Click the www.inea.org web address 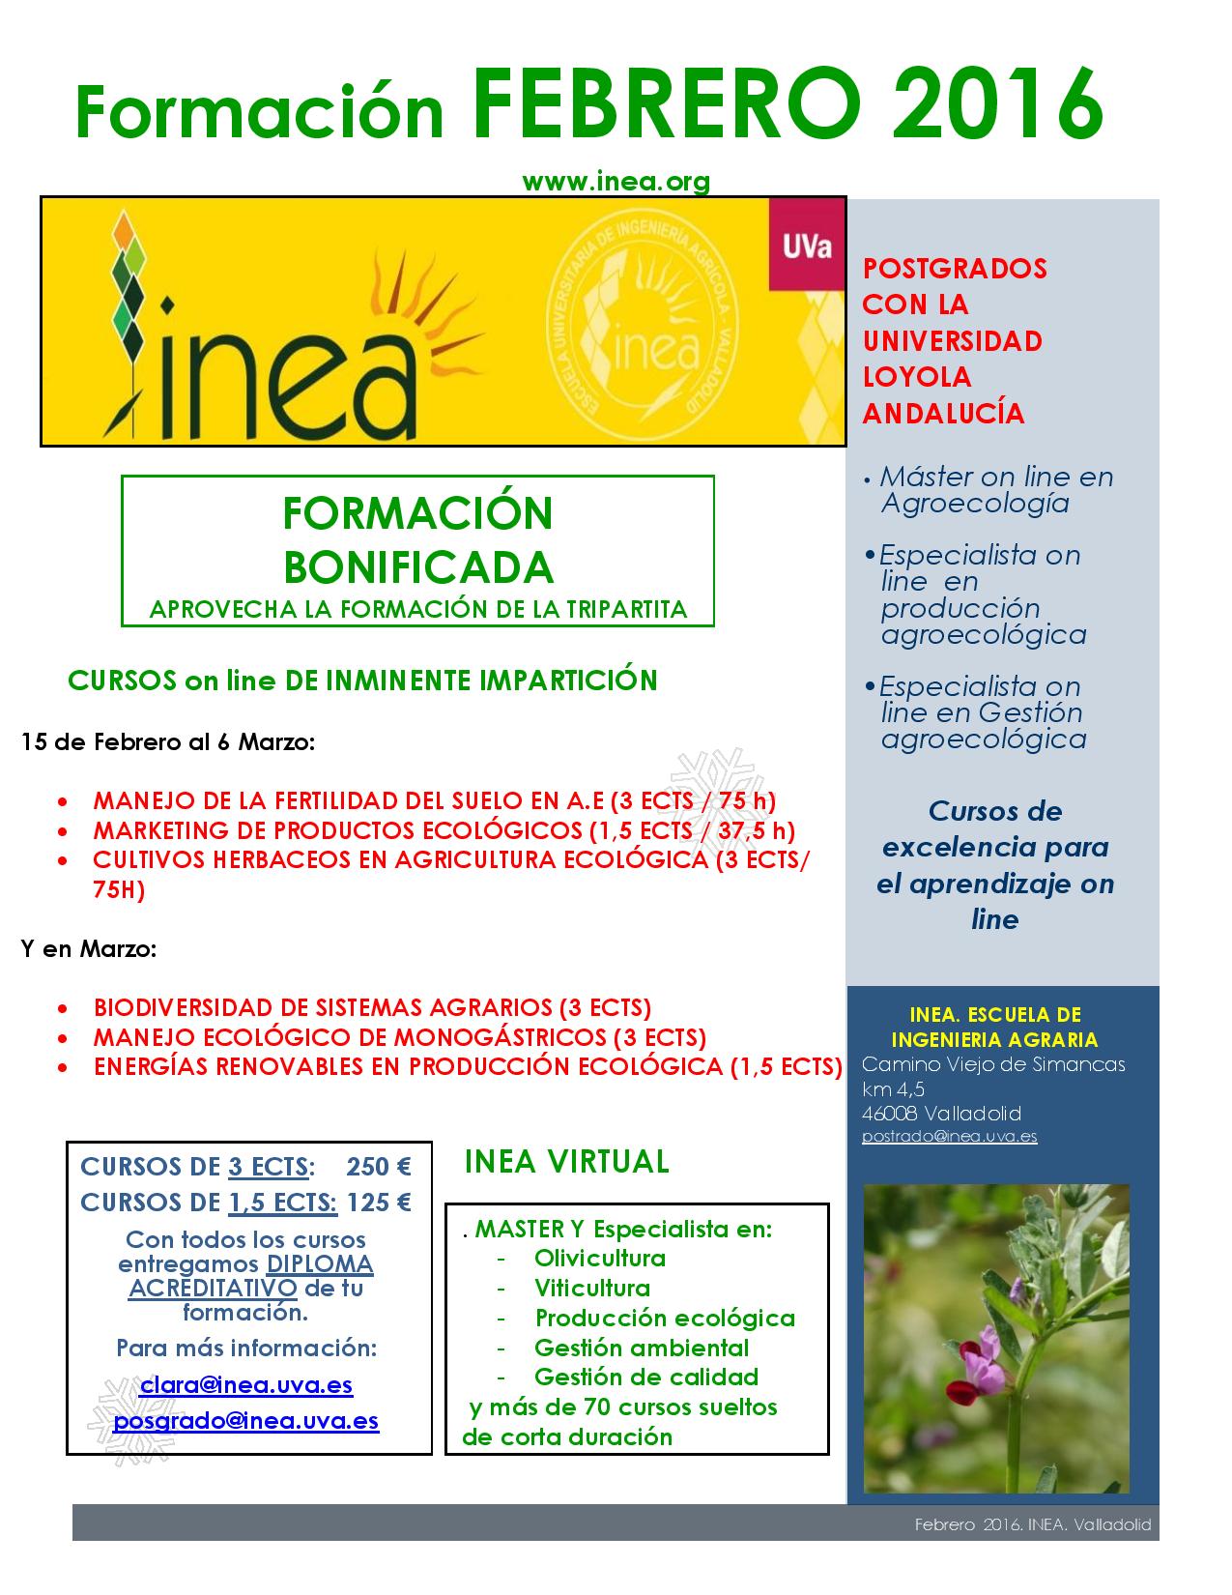point(616,181)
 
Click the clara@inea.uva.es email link point(246,1384)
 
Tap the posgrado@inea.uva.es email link point(246,1421)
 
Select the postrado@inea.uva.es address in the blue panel point(949,1136)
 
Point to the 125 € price point(379,1203)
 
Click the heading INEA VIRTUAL point(566,1161)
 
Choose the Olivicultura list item point(599,1258)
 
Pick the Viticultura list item point(591,1288)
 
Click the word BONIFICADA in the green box point(417,567)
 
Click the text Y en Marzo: point(89,948)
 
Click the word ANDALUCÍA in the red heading point(943,414)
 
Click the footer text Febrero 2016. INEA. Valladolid point(1033,1524)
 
